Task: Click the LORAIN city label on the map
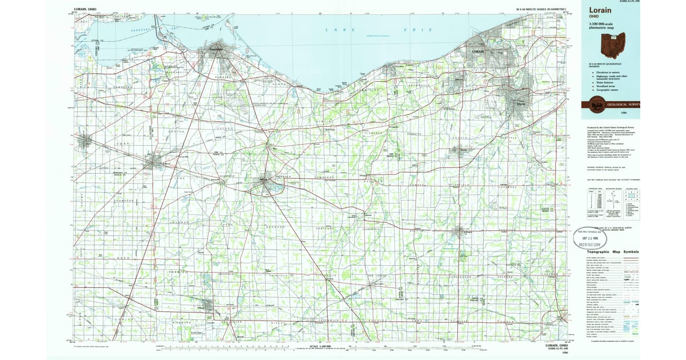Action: point(478,52)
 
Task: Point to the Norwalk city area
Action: point(266,185)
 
